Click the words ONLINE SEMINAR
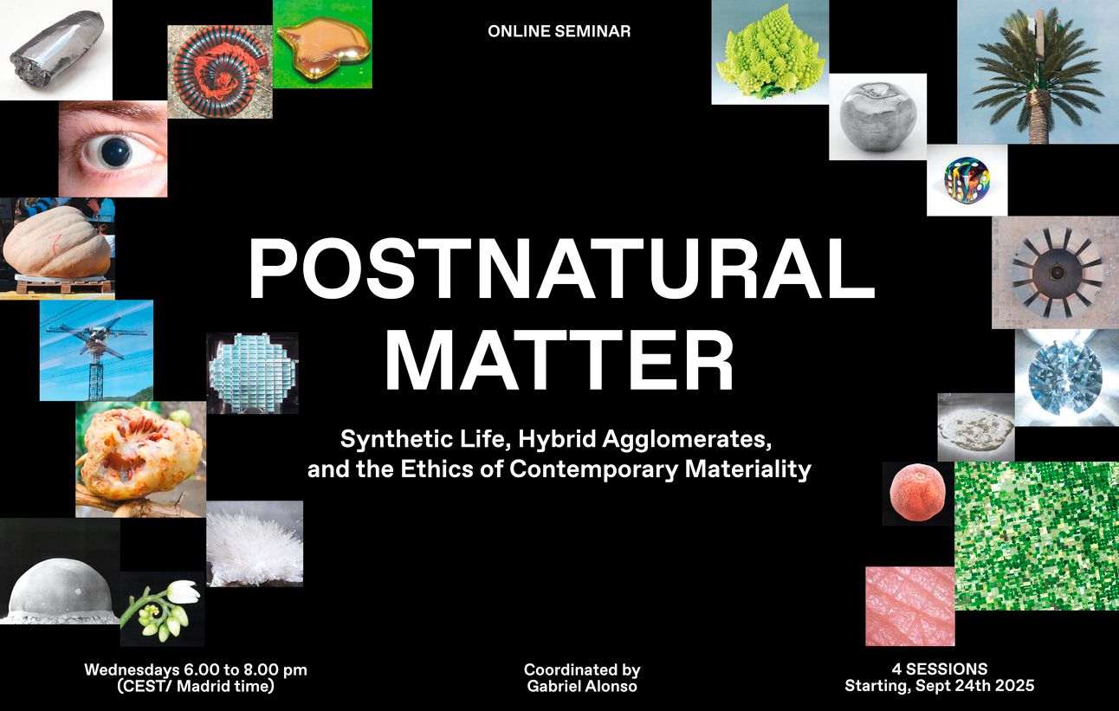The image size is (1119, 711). tap(559, 31)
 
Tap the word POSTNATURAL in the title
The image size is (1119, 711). tap(561, 269)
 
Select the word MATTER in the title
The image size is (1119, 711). tap(559, 359)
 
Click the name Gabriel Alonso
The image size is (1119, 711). tap(582, 686)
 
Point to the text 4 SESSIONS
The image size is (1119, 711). tap(939, 669)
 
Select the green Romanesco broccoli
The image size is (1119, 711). tap(770, 55)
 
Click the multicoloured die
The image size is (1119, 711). tap(967, 180)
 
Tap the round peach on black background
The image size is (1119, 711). tap(918, 493)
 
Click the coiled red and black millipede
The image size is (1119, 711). tap(220, 73)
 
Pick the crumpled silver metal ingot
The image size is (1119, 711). tap(56, 49)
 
